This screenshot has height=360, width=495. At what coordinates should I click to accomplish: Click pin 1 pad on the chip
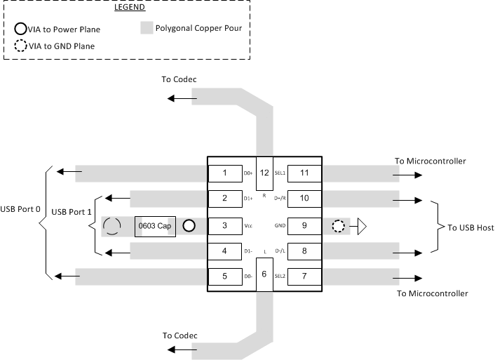coord(224,173)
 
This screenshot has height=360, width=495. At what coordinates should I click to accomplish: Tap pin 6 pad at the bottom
coord(264,273)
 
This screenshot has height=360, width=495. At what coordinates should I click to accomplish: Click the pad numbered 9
coord(304,226)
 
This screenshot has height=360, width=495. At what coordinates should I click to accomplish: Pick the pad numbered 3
coord(224,226)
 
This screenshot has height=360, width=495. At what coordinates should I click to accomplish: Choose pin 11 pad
coord(304,173)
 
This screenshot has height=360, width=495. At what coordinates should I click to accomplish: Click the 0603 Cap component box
coord(155,226)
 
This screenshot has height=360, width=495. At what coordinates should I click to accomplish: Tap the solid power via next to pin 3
coord(189,226)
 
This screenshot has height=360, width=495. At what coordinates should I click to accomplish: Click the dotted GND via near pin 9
coord(339,226)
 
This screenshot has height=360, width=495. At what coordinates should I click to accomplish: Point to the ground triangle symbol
coord(362,226)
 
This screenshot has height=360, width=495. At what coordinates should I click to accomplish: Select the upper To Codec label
coord(178,79)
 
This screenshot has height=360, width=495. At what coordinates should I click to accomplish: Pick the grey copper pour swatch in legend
coord(146,29)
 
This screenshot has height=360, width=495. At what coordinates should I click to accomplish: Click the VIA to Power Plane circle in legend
coord(21,29)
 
